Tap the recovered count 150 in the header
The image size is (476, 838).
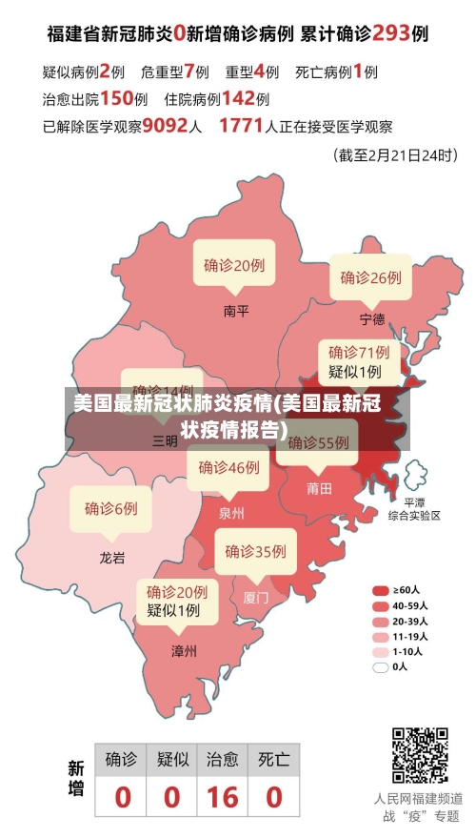[116, 97]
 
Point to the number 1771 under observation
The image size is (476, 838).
[240, 125]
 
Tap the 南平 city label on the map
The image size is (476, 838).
[236, 311]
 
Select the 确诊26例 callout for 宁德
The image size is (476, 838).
[370, 277]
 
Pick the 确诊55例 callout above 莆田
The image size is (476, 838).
[318, 442]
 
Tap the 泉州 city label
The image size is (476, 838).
[231, 513]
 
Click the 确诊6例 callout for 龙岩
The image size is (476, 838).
[110, 508]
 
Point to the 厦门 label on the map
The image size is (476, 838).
[256, 598]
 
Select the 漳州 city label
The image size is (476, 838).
[184, 652]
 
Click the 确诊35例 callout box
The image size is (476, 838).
[255, 551]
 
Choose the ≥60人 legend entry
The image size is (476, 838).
[400, 590]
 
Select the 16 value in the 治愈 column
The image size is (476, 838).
[223, 796]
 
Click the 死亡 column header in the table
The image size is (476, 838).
[274, 760]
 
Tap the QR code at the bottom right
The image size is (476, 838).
[420, 754]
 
